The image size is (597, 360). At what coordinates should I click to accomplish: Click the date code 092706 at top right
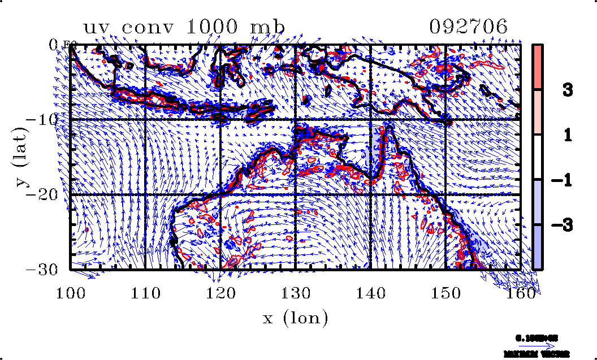tap(469, 27)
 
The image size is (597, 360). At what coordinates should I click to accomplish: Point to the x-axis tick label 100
tap(71, 293)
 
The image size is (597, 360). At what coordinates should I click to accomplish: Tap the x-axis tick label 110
tap(145, 293)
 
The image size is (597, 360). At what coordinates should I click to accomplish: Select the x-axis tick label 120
tap(220, 293)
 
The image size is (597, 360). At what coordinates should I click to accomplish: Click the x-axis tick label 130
tap(296, 293)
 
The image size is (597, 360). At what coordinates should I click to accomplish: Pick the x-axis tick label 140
tap(371, 293)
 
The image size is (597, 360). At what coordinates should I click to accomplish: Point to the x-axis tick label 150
tap(446, 293)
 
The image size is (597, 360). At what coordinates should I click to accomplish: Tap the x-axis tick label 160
tap(521, 293)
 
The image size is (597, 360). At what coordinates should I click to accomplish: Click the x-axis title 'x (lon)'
tap(296, 318)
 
